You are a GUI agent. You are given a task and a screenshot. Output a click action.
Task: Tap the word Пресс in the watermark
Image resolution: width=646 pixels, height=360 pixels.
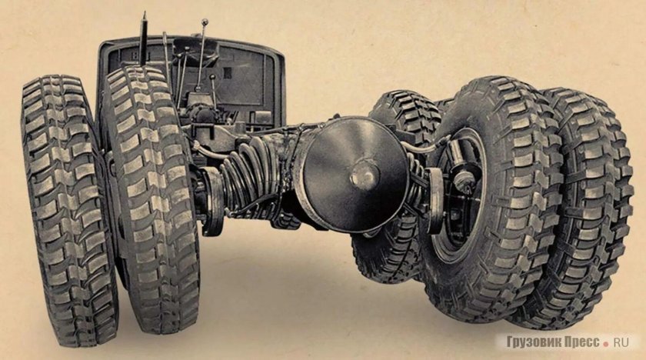578,342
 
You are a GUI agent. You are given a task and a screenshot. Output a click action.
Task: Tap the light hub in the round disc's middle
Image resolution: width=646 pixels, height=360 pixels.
364,175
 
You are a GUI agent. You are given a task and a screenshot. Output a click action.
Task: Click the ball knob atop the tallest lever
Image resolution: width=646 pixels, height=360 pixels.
205,22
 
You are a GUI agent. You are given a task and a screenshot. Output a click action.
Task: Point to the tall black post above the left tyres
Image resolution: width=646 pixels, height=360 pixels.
143,39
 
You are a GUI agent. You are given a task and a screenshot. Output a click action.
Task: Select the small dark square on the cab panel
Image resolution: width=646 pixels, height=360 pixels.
228,73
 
